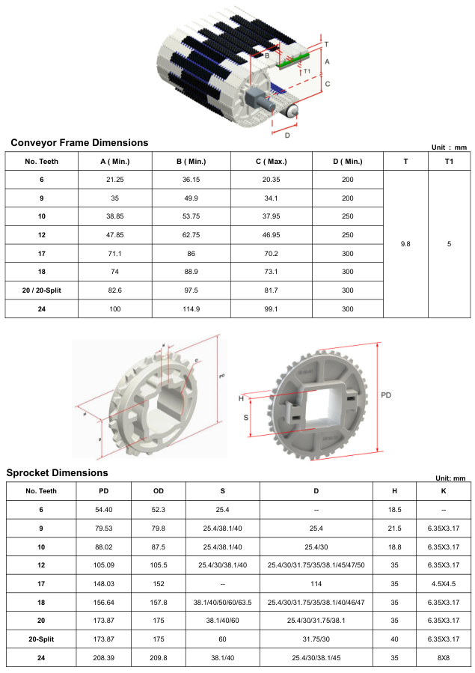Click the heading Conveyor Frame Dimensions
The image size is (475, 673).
(79, 142)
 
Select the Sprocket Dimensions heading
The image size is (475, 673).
(57, 472)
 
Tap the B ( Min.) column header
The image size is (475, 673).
(191, 162)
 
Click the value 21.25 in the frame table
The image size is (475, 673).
(115, 180)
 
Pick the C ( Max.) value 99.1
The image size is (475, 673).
(271, 309)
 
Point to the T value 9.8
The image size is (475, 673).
(405, 244)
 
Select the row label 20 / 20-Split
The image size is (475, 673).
(42, 290)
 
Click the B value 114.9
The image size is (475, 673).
(191, 309)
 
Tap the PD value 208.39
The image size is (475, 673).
(104, 657)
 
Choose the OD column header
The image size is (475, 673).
(159, 491)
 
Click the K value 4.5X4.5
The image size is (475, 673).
(444, 584)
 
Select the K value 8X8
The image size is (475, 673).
(444, 657)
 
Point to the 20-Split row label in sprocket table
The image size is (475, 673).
(41, 639)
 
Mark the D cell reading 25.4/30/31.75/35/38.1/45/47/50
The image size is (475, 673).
(316, 565)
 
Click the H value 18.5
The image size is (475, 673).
(394, 510)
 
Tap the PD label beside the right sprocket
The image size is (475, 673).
(386, 395)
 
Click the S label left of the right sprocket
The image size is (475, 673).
(245, 417)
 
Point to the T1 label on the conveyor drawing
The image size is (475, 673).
(307, 71)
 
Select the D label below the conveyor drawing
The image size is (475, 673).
(287, 135)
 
